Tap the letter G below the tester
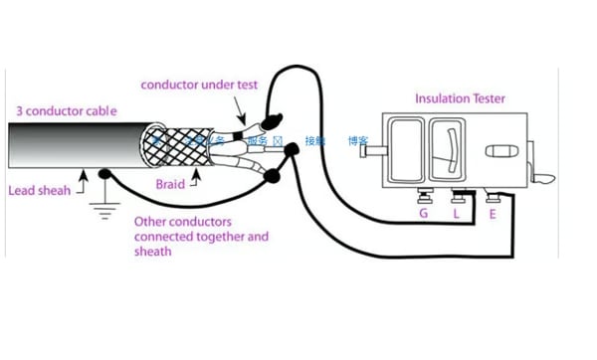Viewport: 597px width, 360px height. [424, 213]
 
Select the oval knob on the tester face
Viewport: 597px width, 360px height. [499, 153]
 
